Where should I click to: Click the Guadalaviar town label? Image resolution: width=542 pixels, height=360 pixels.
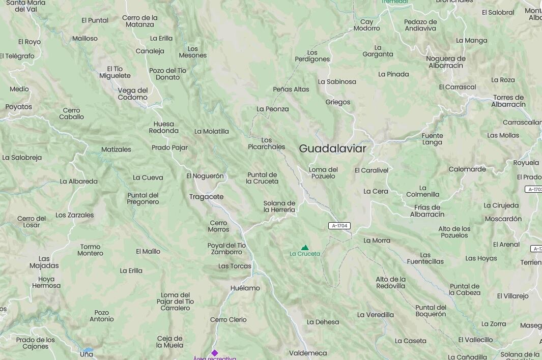pyautogui.click(x=332, y=148)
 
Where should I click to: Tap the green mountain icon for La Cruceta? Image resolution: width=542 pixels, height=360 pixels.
pyautogui.click(x=305, y=247)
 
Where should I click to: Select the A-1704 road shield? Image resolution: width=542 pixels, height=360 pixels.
pyautogui.click(x=339, y=226)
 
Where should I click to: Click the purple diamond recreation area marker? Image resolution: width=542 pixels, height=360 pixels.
pyautogui.click(x=215, y=353)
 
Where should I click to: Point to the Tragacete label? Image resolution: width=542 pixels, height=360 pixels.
pyautogui.click(x=206, y=197)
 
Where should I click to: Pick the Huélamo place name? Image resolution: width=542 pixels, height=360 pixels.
pyautogui.click(x=245, y=288)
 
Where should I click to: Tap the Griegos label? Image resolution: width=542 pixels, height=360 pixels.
pyautogui.click(x=338, y=102)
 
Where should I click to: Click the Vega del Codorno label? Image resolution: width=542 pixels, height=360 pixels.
pyautogui.click(x=133, y=94)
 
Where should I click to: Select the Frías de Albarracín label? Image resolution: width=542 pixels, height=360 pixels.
pyautogui.click(x=427, y=211)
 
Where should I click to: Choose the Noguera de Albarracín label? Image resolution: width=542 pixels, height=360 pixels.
pyautogui.click(x=445, y=62)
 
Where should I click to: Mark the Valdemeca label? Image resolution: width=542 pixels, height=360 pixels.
pyautogui.click(x=308, y=353)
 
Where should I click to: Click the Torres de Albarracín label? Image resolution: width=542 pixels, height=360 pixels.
pyautogui.click(x=508, y=101)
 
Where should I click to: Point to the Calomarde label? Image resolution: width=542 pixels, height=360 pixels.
pyautogui.click(x=467, y=169)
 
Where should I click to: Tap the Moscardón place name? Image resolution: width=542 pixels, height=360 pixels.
pyautogui.click(x=503, y=219)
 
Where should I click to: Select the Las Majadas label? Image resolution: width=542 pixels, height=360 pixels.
pyautogui.click(x=44, y=262)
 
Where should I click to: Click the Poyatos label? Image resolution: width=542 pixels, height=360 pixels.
pyautogui.click(x=19, y=107)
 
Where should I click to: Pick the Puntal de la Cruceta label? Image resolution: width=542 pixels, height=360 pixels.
pyautogui.click(x=262, y=178)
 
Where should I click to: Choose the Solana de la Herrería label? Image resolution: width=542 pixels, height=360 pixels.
pyautogui.click(x=279, y=206)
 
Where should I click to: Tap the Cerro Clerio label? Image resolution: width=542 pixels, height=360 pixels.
pyautogui.click(x=228, y=319)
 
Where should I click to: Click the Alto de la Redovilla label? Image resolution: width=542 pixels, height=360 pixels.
pyautogui.click(x=390, y=282)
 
